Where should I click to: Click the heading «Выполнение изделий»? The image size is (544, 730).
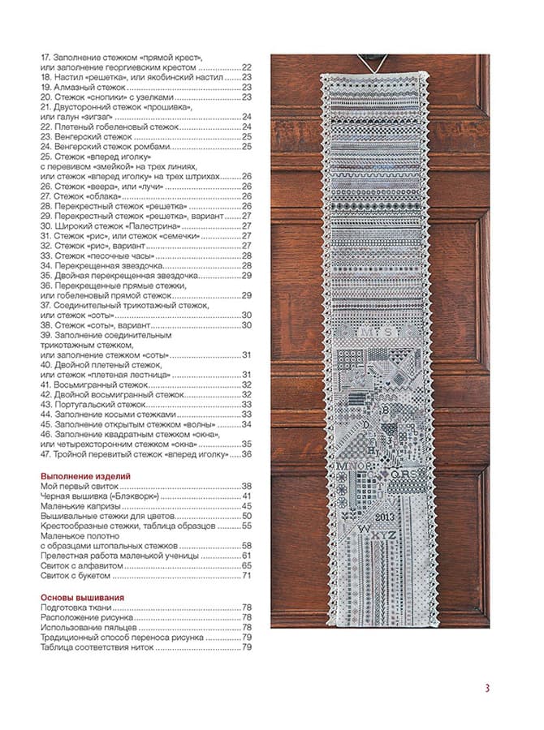pyautogui.click(x=85, y=476)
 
